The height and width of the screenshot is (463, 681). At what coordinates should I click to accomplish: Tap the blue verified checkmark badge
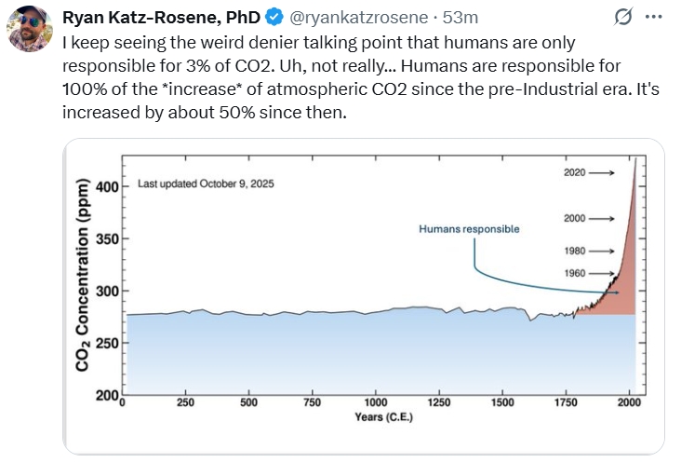(x=274, y=17)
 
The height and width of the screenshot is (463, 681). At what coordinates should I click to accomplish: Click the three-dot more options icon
(x=654, y=17)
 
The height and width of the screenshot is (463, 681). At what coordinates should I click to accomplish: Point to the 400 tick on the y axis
(x=109, y=186)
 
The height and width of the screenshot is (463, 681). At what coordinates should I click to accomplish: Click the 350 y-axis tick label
(x=109, y=238)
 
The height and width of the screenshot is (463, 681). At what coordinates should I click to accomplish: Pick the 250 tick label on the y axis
(x=109, y=343)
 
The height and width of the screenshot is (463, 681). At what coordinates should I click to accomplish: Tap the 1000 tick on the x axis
(x=376, y=402)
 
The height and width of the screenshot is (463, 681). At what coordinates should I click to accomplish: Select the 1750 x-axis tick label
(x=565, y=402)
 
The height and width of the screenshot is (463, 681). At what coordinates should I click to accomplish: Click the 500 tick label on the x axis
(x=248, y=402)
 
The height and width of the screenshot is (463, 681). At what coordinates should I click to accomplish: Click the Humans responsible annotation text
(x=469, y=228)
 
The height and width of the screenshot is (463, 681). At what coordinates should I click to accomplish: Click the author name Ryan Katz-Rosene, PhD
(x=161, y=17)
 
